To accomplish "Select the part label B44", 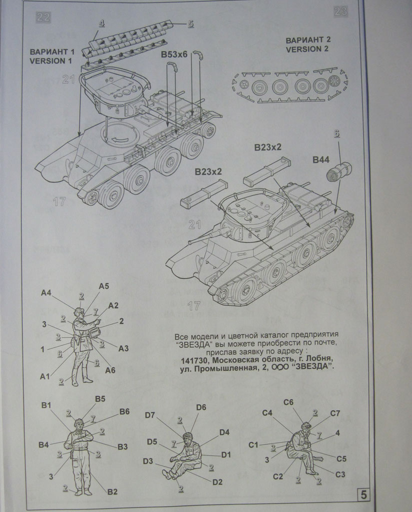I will (x=321, y=160).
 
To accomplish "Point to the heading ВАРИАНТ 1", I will (x=52, y=52).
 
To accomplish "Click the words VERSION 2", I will (x=307, y=49).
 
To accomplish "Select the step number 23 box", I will (x=340, y=12).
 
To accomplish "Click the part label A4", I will (x=46, y=293).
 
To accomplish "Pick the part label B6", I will (x=124, y=411).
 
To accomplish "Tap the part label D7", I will (x=150, y=414).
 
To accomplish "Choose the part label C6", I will (x=288, y=402).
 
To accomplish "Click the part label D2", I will (x=217, y=482).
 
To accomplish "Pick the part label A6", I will (x=111, y=370).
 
